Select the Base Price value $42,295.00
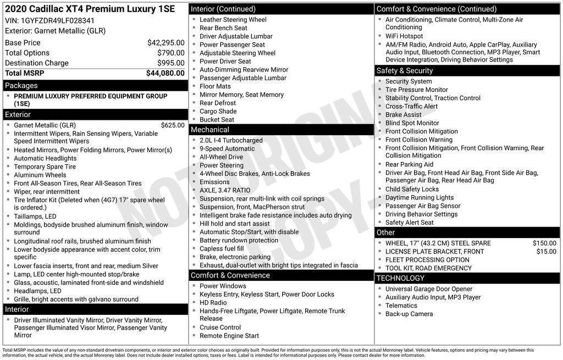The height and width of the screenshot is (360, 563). tap(165, 42)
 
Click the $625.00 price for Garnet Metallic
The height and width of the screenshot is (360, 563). tap(173, 125)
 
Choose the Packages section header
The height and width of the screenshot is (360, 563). tap(21, 86)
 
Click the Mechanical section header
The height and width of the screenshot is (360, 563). tap(209, 130)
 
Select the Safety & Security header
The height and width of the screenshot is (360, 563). tap(405, 71)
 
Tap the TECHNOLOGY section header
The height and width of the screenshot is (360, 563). tap(400, 278)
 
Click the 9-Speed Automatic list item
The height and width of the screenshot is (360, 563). tap(227, 148)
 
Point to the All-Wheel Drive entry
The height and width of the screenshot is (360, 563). tap(221, 157)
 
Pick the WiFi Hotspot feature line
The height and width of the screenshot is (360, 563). tap(404, 36)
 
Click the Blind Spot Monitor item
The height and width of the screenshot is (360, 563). tap(412, 123)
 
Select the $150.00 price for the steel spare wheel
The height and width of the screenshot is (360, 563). tap(544, 243)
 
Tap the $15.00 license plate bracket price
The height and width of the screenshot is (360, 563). tap(546, 251)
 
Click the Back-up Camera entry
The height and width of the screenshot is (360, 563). tap(409, 314)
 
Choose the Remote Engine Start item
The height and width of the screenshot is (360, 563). tap(229, 336)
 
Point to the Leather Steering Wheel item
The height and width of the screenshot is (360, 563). tap(233, 20)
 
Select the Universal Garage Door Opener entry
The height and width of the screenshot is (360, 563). tap(428, 289)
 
